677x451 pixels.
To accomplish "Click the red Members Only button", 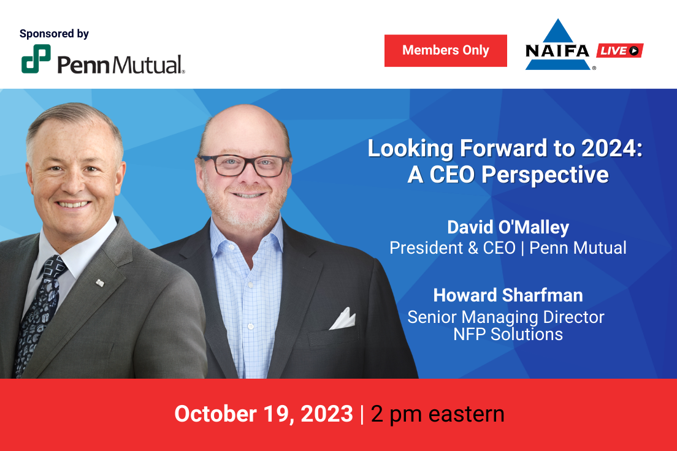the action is click(x=446, y=50).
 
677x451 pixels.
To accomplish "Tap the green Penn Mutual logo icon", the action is click(x=36, y=59).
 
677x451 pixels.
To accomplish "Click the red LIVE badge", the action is click(x=619, y=50).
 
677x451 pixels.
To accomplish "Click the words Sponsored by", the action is click(x=54, y=34).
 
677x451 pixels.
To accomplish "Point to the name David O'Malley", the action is click(x=508, y=227).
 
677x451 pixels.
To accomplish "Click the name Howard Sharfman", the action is click(x=508, y=295).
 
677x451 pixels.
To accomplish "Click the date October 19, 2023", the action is click(x=263, y=414).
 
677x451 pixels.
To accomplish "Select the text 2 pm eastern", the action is click(x=437, y=414).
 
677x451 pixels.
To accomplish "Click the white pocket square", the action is click(x=343, y=319).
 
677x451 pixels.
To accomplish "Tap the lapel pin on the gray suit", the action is click(x=100, y=283).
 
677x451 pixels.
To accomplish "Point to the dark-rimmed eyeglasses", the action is click(x=244, y=165).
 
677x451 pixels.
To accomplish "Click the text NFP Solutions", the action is click(x=508, y=335).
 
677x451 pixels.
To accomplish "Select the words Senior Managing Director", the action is click(x=505, y=317).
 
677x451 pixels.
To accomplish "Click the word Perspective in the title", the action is click(x=545, y=175).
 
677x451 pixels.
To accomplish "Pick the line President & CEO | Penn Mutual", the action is click(x=508, y=248).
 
